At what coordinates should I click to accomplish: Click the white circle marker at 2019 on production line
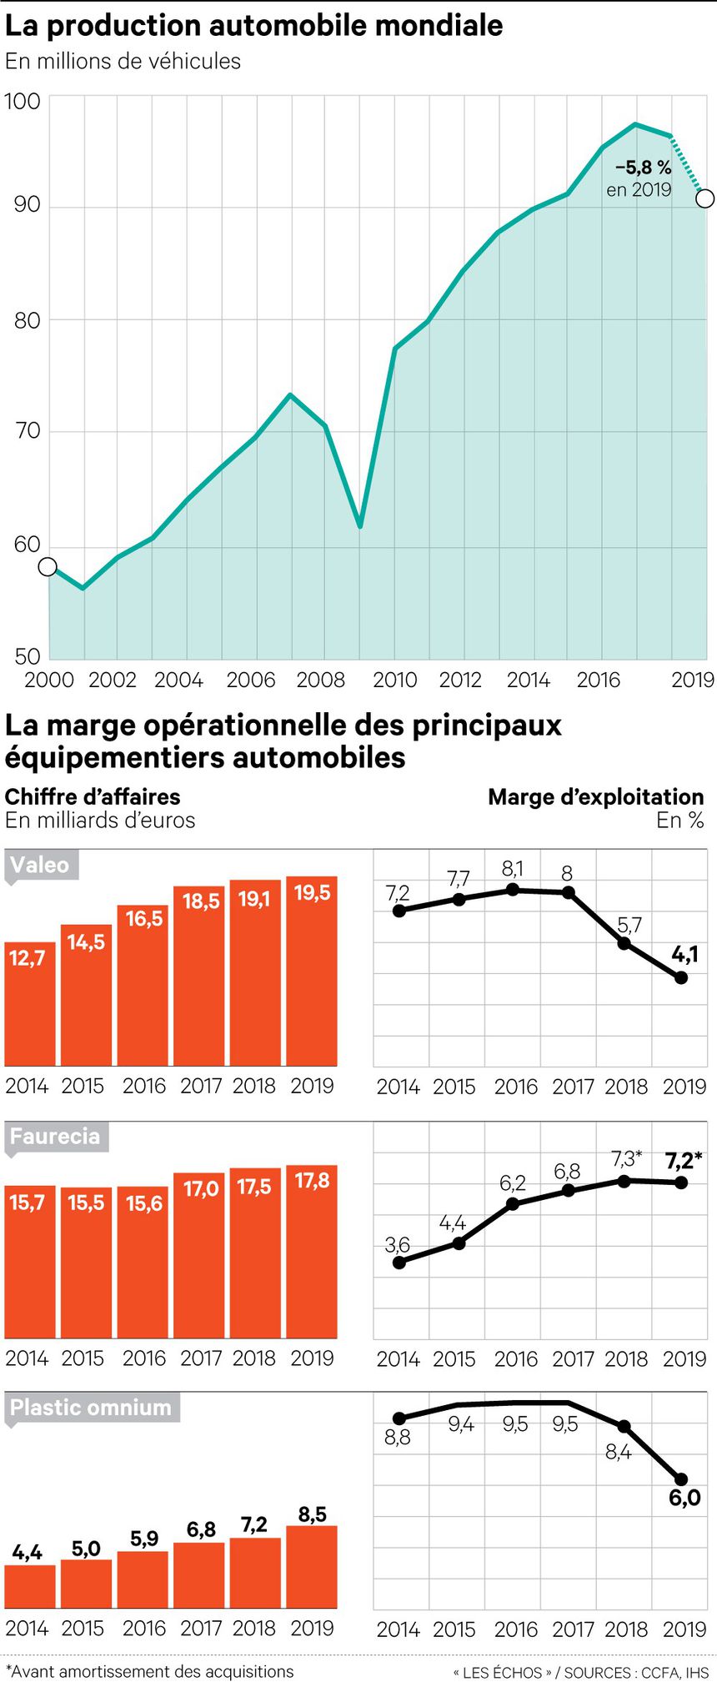click(704, 198)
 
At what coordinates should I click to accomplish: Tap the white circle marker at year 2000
click(48, 567)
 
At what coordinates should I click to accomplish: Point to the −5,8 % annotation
click(643, 168)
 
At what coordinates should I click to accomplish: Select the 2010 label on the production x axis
click(394, 680)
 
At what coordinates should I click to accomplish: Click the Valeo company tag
click(40, 865)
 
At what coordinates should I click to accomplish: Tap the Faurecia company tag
click(55, 1136)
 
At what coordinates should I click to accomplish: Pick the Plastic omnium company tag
click(90, 1408)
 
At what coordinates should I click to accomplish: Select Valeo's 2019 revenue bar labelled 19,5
click(312, 971)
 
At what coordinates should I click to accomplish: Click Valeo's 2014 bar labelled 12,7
click(30, 1004)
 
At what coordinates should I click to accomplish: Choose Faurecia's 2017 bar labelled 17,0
click(199, 1255)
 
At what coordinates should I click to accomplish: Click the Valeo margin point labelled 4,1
click(681, 978)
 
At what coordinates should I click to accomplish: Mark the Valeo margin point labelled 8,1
click(513, 890)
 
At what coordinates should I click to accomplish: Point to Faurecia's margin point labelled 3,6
click(399, 1263)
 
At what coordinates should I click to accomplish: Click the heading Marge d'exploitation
click(595, 797)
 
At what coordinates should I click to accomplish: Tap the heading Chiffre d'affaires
click(93, 797)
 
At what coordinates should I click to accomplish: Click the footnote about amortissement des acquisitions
click(150, 1671)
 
